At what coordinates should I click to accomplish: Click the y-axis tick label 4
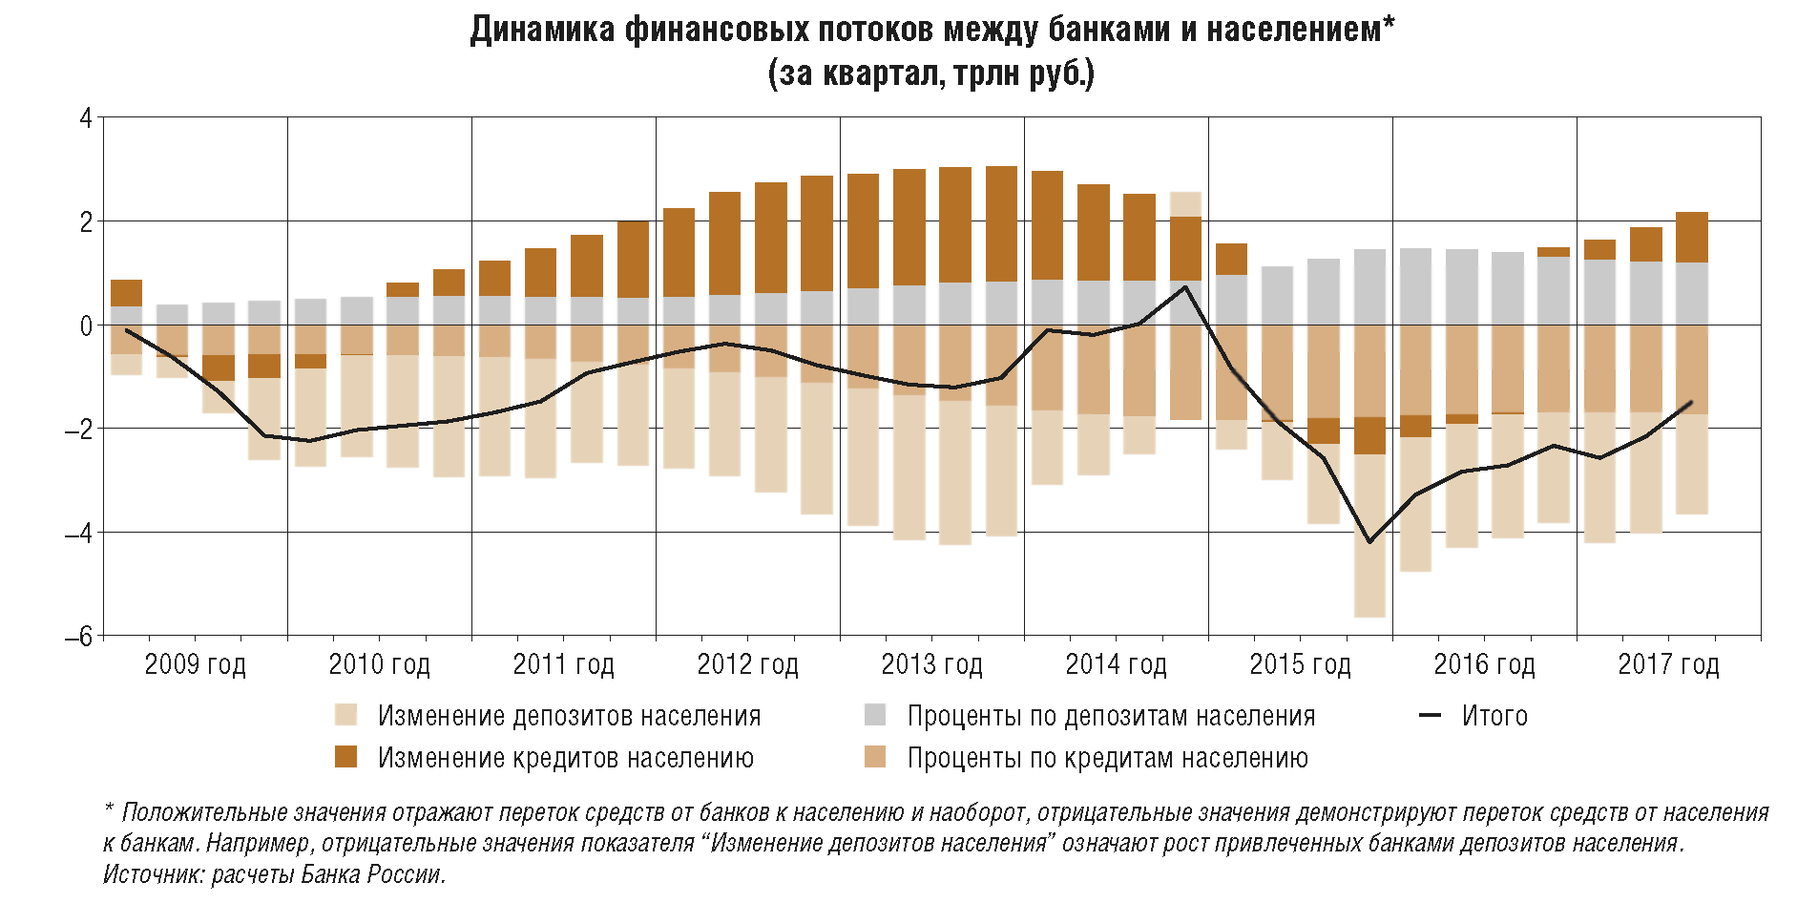(x=87, y=118)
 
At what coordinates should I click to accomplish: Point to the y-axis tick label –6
(x=79, y=636)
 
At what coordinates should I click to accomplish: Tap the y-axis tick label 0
(x=87, y=325)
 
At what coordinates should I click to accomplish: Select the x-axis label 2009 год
(x=195, y=664)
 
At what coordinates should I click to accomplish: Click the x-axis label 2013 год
(x=931, y=664)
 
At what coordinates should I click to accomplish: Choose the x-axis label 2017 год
(x=1668, y=664)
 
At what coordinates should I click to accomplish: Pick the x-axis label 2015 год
(x=1300, y=664)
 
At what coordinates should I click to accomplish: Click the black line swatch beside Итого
(x=1430, y=716)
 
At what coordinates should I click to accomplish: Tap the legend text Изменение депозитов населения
(x=569, y=716)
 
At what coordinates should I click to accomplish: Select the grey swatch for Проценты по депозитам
(x=874, y=715)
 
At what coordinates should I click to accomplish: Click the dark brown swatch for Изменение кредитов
(x=345, y=757)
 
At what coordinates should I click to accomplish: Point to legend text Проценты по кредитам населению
(x=1107, y=758)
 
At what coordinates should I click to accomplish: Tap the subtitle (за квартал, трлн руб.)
(x=930, y=73)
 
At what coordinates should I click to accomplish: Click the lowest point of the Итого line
(x=1369, y=542)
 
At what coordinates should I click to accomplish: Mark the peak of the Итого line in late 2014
(x=1185, y=286)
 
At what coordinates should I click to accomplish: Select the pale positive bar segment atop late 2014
(x=1185, y=204)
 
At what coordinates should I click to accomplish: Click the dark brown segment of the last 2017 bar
(x=1691, y=238)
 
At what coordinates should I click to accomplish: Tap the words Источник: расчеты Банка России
(x=275, y=874)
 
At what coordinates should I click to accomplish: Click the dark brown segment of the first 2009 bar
(x=126, y=293)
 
